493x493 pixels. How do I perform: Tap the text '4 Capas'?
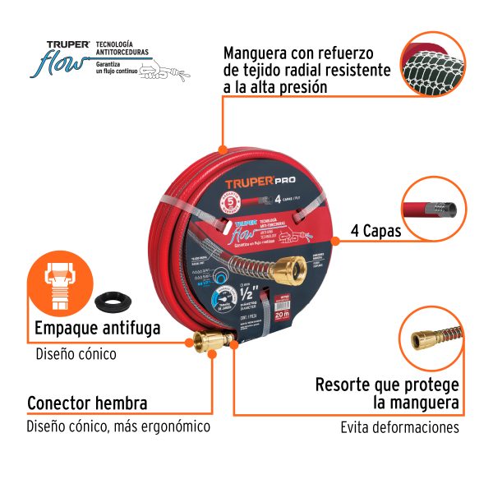point(376,231)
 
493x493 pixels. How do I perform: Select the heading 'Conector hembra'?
point(87,403)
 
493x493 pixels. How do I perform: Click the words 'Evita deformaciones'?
point(400,427)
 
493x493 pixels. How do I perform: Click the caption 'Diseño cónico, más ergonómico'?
point(118,426)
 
